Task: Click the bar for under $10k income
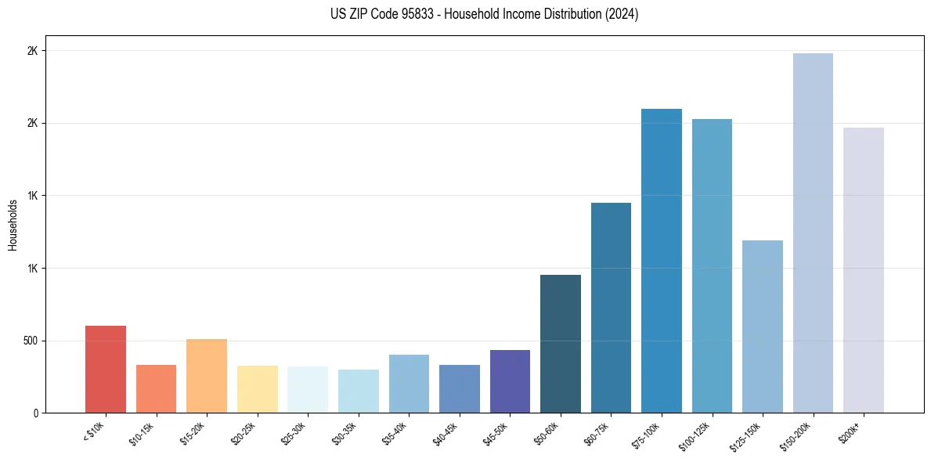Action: pyautogui.click(x=105, y=369)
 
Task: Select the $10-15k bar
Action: pyautogui.click(x=156, y=388)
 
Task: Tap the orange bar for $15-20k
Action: pyautogui.click(x=206, y=376)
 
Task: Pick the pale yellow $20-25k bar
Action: pyautogui.click(x=257, y=389)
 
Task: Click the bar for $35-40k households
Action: pyautogui.click(x=409, y=384)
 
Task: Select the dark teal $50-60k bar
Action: pyautogui.click(x=561, y=344)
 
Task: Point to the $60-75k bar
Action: pyautogui.click(x=611, y=308)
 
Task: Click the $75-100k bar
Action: pyautogui.click(x=662, y=261)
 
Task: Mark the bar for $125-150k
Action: pyautogui.click(x=763, y=327)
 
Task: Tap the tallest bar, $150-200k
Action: pyautogui.click(x=813, y=233)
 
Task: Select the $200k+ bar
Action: pyautogui.click(x=864, y=270)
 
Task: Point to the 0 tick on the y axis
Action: pyautogui.click(x=35, y=413)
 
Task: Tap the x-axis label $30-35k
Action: pyautogui.click(x=346, y=433)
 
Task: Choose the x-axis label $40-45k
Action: pyautogui.click(x=447, y=433)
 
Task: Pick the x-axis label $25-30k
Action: pyautogui.click(x=295, y=433)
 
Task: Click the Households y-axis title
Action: pyautogui.click(x=13, y=225)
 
